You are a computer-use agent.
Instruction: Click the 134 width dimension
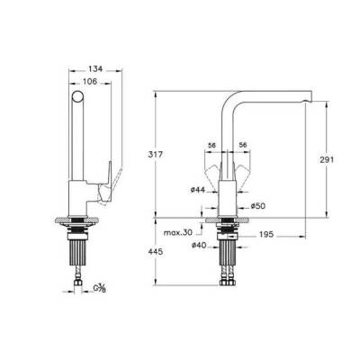click(95, 69)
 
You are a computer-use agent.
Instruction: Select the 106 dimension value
click(90, 81)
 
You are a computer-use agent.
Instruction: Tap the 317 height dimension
click(155, 155)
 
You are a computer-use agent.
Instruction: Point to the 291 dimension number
click(327, 159)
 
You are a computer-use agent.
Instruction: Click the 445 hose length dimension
click(156, 252)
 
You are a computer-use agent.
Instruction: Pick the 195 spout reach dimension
click(266, 234)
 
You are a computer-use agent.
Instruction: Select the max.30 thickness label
click(178, 233)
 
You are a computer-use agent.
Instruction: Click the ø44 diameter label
click(198, 190)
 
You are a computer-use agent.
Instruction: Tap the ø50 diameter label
click(258, 206)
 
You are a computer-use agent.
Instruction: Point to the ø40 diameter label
click(199, 246)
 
